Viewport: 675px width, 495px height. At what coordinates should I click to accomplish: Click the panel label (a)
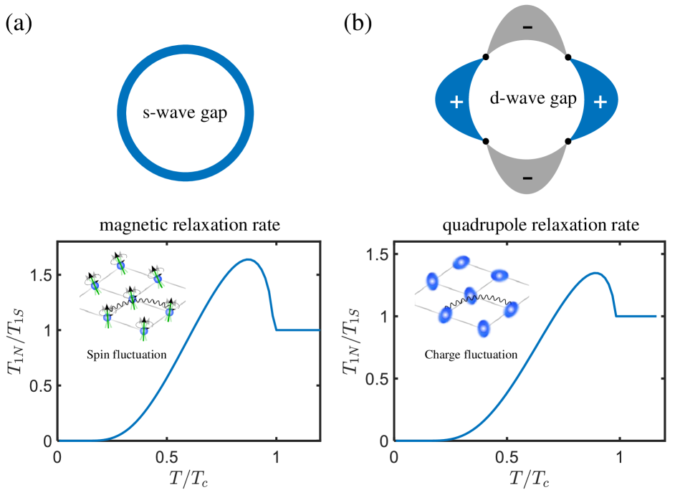click(x=19, y=24)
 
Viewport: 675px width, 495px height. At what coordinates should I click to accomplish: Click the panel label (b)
click(x=358, y=24)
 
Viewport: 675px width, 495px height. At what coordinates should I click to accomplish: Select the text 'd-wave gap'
click(x=527, y=99)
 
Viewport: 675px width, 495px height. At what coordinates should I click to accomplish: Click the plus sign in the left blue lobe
click(x=456, y=102)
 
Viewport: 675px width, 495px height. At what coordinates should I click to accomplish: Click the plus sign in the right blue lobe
click(x=600, y=102)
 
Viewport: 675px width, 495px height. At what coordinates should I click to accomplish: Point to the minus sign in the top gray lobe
click(x=527, y=27)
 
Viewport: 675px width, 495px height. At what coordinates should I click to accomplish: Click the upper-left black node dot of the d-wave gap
click(x=486, y=57)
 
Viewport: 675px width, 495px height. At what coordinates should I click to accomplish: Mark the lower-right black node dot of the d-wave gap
click(x=568, y=141)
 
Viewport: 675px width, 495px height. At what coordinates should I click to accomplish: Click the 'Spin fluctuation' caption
click(x=125, y=354)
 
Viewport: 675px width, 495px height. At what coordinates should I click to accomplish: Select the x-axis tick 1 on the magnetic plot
click(x=276, y=456)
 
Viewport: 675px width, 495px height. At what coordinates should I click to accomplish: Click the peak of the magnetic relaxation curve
click(x=249, y=259)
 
